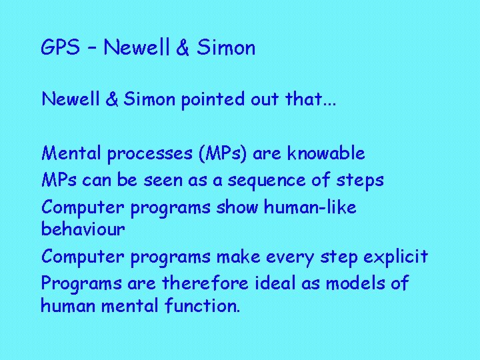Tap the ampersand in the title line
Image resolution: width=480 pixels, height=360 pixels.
click(183, 48)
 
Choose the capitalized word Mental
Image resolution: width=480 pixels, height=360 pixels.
click(71, 153)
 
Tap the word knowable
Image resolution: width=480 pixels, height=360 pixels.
click(326, 153)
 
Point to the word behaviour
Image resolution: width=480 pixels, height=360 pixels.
click(83, 229)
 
